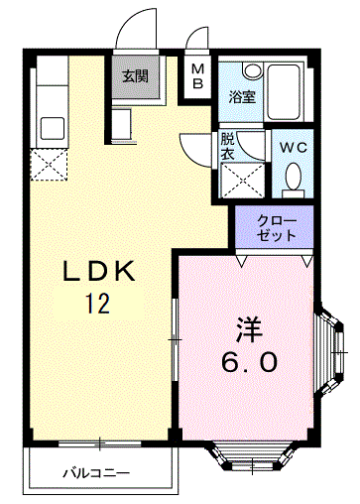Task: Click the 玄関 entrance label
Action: pyautogui.click(x=136, y=76)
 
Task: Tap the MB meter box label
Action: pyautogui.click(x=198, y=76)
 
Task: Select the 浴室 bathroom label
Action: pyautogui.click(x=242, y=96)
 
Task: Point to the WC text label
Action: pyautogui.click(x=294, y=148)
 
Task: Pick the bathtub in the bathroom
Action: pyautogui.click(x=285, y=92)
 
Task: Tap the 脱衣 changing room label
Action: pyautogui.click(x=227, y=146)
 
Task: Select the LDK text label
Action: pyautogui.click(x=99, y=271)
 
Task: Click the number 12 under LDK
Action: pyautogui.click(x=98, y=304)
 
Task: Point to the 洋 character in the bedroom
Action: pyautogui.click(x=249, y=329)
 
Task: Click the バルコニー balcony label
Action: pyautogui.click(x=96, y=474)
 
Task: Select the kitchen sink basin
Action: pyautogui.click(x=52, y=129)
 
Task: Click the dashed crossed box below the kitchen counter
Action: pyautogui.click(x=49, y=165)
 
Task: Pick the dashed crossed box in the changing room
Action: pyautogui.click(x=243, y=181)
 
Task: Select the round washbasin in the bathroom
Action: pyautogui.click(x=252, y=69)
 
